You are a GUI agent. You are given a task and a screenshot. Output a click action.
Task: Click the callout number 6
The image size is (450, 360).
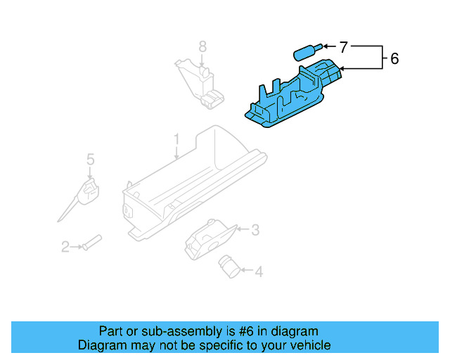pyautogui.click(x=394, y=58)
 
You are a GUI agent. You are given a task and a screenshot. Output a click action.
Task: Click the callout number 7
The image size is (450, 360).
pyautogui.click(x=343, y=48)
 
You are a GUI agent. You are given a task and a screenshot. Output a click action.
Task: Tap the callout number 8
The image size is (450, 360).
pyautogui.click(x=202, y=47)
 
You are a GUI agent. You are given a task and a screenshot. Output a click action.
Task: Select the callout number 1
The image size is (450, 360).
pyautogui.click(x=177, y=139)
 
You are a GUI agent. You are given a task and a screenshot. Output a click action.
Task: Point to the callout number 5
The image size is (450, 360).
pyautogui.click(x=90, y=160)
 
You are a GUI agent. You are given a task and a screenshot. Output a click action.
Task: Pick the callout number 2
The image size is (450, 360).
pyautogui.click(x=65, y=247)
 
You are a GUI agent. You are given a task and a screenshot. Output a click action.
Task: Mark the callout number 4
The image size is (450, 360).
pyautogui.click(x=258, y=271)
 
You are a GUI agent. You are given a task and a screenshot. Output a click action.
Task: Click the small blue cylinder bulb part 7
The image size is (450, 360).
pyautogui.click(x=305, y=53)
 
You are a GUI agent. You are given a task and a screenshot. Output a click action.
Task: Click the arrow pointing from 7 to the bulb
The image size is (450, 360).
pyautogui.click(x=330, y=48)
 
